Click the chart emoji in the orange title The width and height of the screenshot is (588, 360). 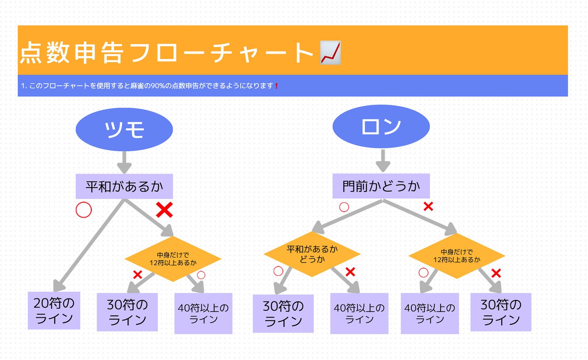(x=330, y=53)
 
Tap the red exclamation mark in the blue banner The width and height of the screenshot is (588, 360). (x=276, y=86)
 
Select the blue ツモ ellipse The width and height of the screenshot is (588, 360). (x=124, y=129)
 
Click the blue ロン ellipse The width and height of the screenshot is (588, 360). (x=381, y=126)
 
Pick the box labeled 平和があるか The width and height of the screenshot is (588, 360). (x=124, y=186)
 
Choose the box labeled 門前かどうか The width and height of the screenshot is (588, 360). (x=381, y=186)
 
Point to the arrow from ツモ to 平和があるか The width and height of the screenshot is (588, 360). (x=124, y=162)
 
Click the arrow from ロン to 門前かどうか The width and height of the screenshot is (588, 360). (x=383, y=161)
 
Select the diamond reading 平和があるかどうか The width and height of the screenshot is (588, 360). (x=312, y=254)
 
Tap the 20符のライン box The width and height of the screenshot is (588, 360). (x=54, y=311)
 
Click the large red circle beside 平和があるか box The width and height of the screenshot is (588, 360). (x=84, y=210)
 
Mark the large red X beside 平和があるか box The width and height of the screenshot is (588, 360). (x=164, y=210)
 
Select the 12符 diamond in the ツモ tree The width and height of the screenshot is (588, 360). (x=173, y=259)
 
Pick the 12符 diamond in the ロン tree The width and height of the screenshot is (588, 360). (x=457, y=256)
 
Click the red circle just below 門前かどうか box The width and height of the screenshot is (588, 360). (x=344, y=207)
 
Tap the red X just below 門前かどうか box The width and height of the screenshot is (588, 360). (x=428, y=206)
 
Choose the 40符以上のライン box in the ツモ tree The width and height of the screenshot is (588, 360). (x=203, y=313)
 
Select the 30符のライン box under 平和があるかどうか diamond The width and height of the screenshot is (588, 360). (x=283, y=313)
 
